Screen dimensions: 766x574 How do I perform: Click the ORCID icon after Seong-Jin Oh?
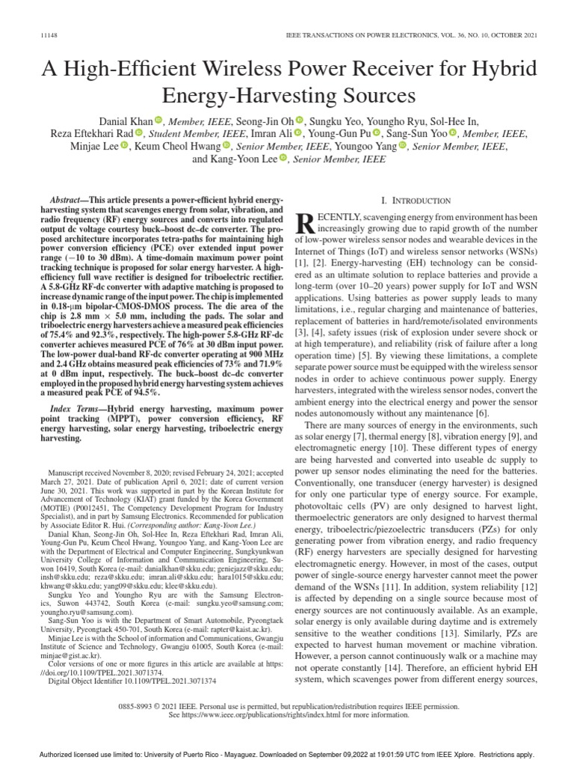[300, 120]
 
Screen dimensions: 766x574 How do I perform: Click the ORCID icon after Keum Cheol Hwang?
[226, 147]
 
